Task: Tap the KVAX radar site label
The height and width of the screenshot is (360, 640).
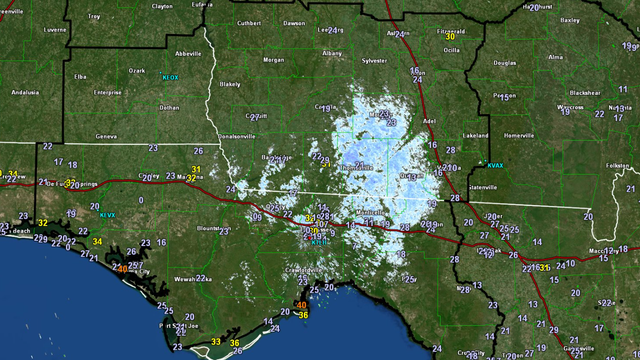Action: click(x=496, y=166)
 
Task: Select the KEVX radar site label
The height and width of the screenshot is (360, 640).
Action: click(x=108, y=214)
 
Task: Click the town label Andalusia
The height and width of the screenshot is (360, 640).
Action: click(x=24, y=92)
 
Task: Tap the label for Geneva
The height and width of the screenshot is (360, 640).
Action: click(x=107, y=136)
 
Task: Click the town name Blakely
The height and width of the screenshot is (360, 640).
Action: click(x=230, y=86)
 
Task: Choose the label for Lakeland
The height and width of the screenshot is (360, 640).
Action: click(x=475, y=134)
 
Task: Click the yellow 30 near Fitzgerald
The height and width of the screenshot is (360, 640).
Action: click(x=450, y=37)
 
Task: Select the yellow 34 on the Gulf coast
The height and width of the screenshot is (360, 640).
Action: click(x=98, y=241)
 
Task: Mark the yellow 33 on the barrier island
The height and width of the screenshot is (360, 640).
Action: click(x=216, y=343)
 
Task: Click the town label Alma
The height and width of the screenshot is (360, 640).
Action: click(x=555, y=57)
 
